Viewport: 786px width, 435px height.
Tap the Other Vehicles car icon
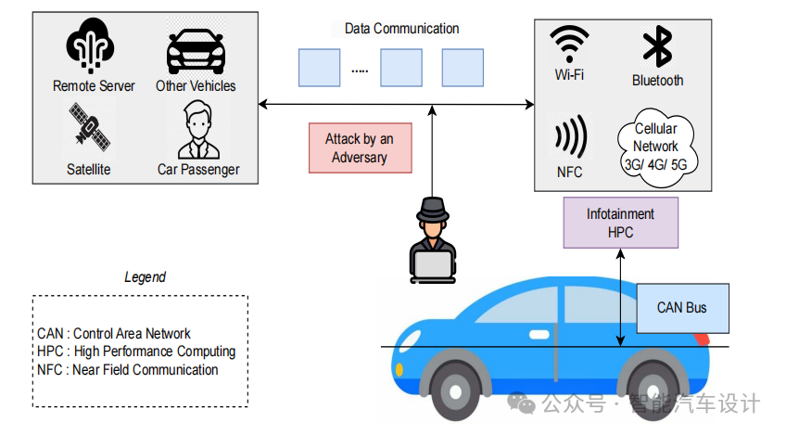point(196,50)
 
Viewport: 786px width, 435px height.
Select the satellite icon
point(89,130)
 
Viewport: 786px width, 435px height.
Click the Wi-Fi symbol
point(570,44)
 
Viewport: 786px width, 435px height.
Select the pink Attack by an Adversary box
point(360,148)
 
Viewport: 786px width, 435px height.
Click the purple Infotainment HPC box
point(620,224)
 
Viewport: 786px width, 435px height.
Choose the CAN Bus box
point(682,308)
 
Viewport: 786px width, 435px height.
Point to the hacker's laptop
point(432,266)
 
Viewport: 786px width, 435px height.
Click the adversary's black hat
point(432,211)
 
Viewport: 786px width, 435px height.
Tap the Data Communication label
point(401,29)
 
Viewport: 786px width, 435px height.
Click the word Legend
point(145,277)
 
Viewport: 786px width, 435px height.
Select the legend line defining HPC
point(136,352)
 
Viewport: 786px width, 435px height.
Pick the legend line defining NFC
point(128,370)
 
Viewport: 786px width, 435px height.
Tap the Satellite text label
point(89,169)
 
